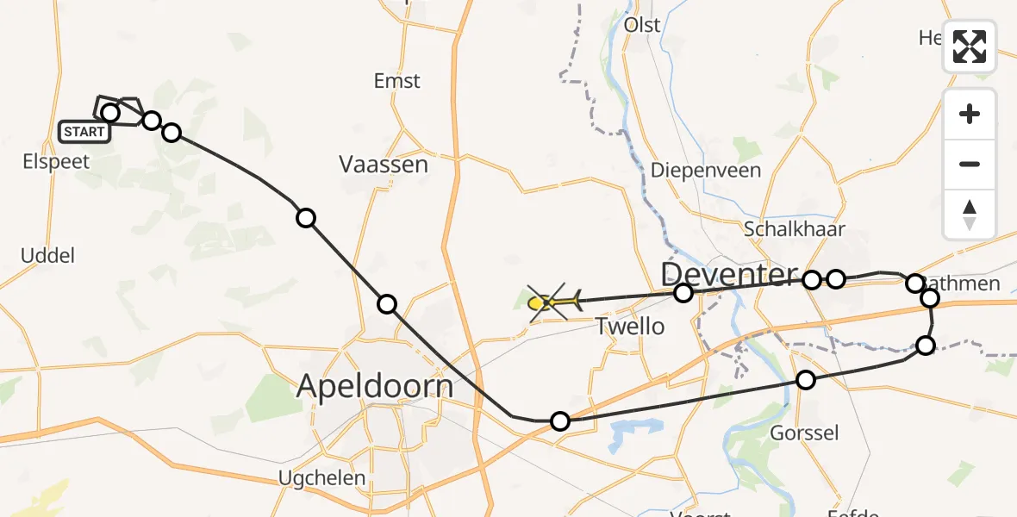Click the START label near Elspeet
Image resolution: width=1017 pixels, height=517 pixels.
coord(84,132)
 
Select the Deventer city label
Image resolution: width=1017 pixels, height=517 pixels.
coord(729,275)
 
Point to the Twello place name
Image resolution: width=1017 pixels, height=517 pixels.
coord(630,326)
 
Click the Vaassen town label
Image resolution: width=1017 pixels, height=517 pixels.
coord(384,164)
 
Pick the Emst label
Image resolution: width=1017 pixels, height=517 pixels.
coord(396,81)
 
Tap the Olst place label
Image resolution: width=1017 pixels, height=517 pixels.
coord(642,24)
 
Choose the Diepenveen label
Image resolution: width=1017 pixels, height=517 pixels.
coord(706,170)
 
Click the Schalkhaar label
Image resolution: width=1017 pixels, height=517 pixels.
coord(794,228)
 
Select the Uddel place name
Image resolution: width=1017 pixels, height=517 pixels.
coord(48,255)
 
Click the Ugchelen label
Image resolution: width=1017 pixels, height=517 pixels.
coord(321,477)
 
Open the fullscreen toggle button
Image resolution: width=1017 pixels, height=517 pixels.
coord(970,47)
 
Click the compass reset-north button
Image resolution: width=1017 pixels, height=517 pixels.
coord(970,215)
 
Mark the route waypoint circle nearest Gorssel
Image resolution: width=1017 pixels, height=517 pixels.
coord(805,380)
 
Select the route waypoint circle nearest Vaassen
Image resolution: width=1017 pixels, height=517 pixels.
coord(306,217)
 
